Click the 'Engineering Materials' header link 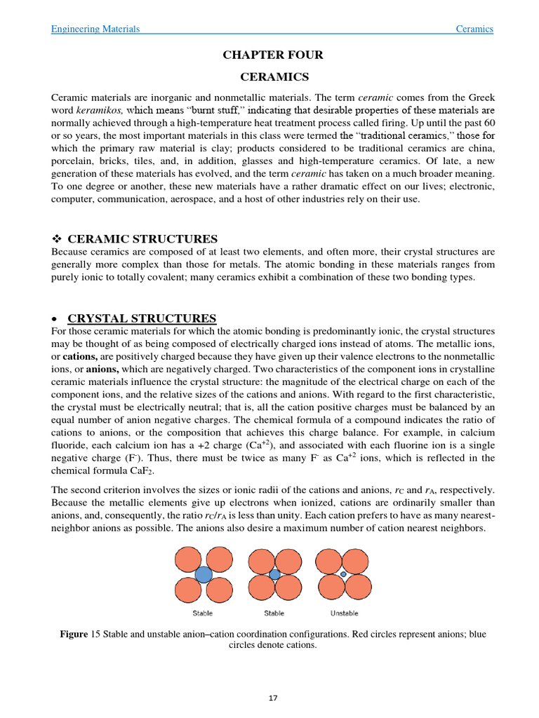(x=95, y=29)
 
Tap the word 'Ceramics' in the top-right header (x=474, y=29)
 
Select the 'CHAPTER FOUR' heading (x=273, y=55)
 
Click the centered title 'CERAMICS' (x=273, y=76)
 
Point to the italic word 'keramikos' (x=99, y=110)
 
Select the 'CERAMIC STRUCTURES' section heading (x=142, y=239)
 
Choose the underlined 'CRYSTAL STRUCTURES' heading (x=142, y=318)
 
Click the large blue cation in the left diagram (x=203, y=574)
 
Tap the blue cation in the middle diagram (x=274, y=574)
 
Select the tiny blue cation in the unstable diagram (x=343, y=574)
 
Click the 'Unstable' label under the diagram (x=344, y=614)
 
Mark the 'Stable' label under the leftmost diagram (x=203, y=614)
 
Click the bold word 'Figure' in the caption (x=74, y=634)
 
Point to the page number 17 (x=273, y=698)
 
